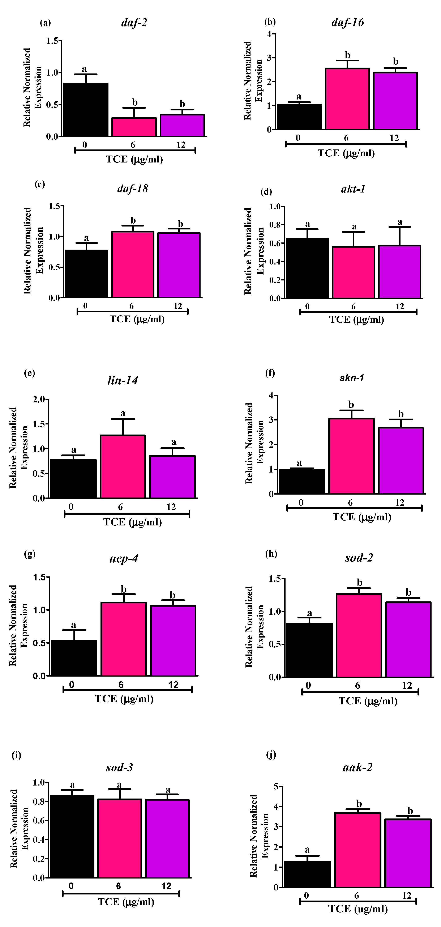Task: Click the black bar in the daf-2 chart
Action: pos(86,110)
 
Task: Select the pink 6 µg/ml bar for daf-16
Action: pos(347,99)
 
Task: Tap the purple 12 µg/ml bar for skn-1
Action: pos(401,461)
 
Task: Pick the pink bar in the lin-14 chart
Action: pos(123,466)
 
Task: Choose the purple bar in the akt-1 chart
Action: pos(400,272)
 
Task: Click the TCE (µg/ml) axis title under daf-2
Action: pos(134,159)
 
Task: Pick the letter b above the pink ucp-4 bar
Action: pos(123,589)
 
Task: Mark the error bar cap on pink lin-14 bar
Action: pos(123,419)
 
